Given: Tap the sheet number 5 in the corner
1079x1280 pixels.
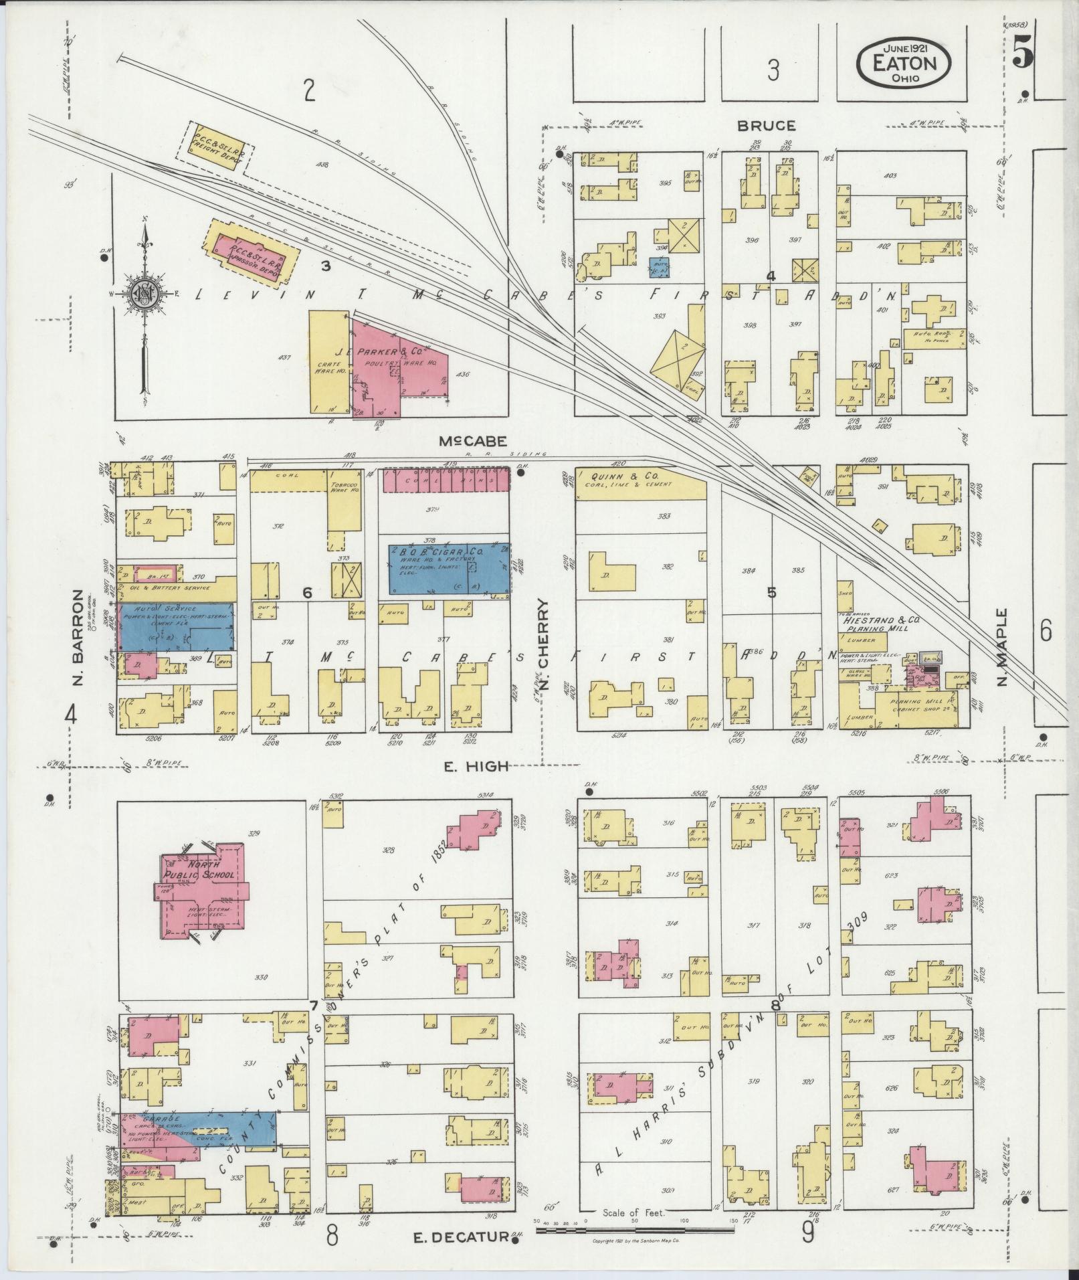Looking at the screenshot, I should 1021,51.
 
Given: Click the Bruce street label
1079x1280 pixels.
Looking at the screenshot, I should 767,125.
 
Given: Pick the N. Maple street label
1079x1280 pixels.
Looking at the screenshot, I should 1002,647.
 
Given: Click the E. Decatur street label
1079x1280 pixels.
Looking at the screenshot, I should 462,1238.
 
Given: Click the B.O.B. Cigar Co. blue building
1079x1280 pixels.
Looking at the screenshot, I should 449,569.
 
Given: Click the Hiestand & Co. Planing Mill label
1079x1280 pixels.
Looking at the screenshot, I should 881,624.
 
